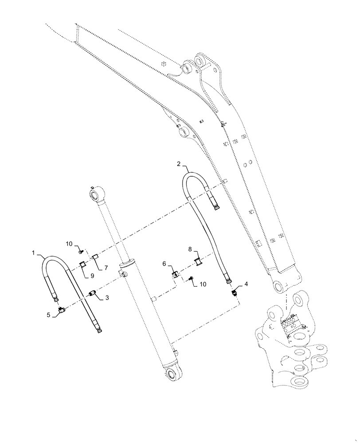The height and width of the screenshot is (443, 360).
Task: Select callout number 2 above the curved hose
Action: click(178, 164)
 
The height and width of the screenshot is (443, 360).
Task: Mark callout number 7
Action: click(106, 268)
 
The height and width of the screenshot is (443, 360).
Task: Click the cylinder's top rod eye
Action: click(96, 195)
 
